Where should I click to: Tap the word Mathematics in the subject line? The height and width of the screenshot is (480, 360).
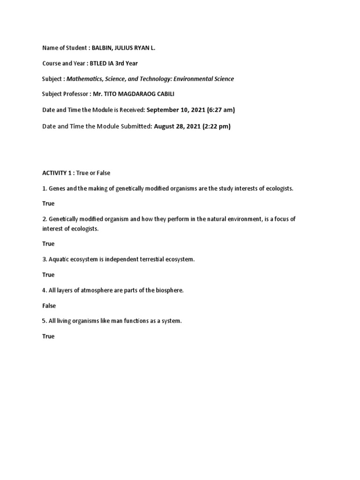point(85,79)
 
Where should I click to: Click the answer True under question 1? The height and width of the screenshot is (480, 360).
point(48,203)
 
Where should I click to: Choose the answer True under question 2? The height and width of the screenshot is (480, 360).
point(48,244)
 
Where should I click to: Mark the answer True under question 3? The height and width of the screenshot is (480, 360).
point(48,275)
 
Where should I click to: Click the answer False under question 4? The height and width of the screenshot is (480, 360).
point(49,306)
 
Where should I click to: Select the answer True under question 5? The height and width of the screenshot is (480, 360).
point(48,336)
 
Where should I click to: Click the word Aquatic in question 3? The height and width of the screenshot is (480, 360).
point(59,259)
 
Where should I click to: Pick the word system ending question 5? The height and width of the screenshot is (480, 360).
point(171,321)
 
